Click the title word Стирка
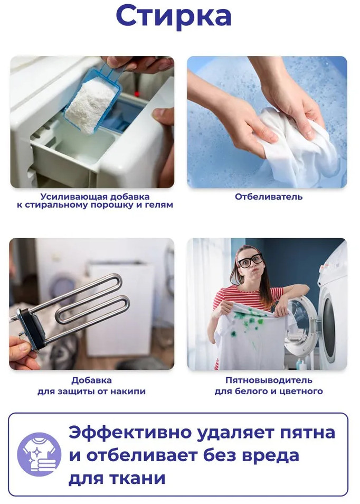pyautogui.click(x=174, y=16)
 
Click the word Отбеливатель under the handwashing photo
pyautogui.click(x=269, y=197)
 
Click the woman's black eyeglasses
pyautogui.click(x=250, y=260)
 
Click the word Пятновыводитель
pyautogui.click(x=269, y=380)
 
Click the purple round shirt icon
pyautogui.click(x=39, y=454)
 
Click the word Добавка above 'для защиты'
pyautogui.click(x=91, y=380)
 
